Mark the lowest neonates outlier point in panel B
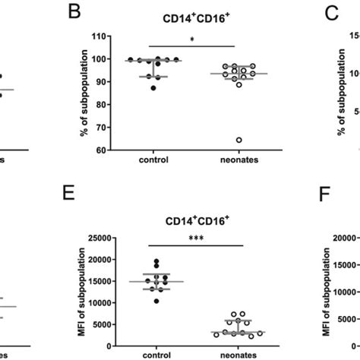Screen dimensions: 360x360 [218, 140]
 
